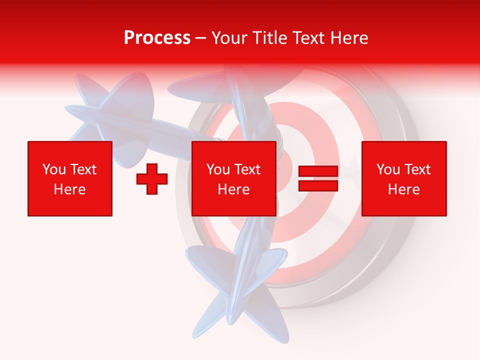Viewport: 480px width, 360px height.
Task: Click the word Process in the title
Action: (x=157, y=38)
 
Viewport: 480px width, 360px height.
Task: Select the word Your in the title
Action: (x=229, y=38)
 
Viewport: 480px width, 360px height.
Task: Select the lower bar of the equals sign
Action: (x=318, y=185)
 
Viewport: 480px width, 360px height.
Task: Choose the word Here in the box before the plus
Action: (x=69, y=189)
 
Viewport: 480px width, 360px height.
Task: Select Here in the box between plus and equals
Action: (x=233, y=189)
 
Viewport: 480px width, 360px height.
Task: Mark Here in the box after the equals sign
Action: (x=403, y=189)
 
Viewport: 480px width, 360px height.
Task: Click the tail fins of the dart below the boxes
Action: (x=235, y=290)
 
